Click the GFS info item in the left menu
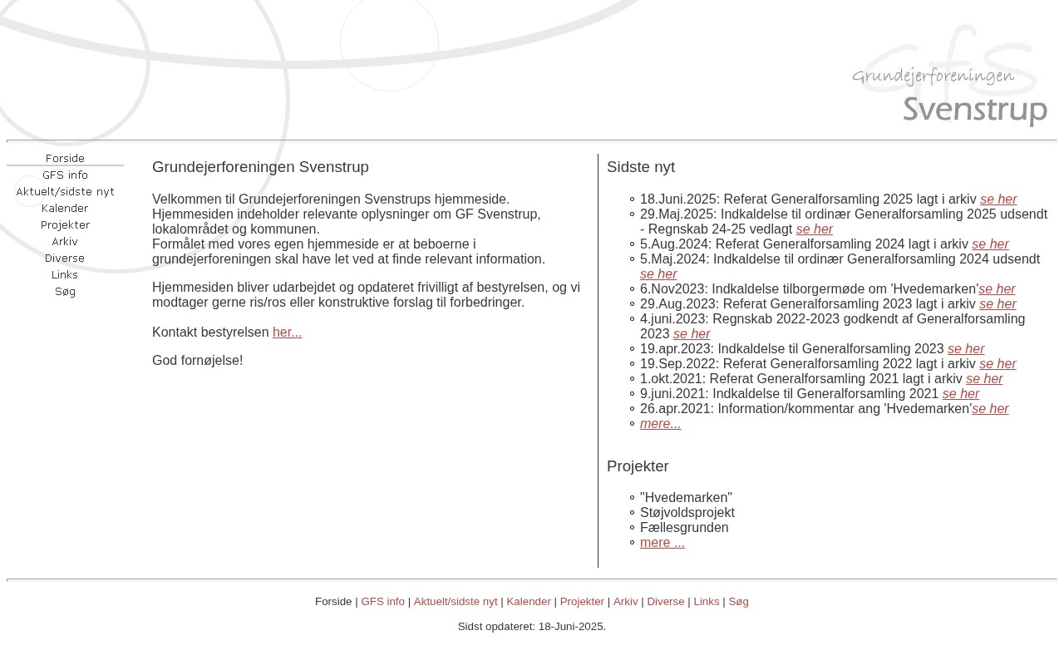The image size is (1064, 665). pyautogui.click(x=65, y=175)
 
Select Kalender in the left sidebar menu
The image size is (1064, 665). pyautogui.click(x=65, y=209)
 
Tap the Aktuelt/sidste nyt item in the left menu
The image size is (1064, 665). pyautogui.click(x=65, y=192)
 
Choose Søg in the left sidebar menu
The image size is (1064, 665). pyautogui.click(x=65, y=292)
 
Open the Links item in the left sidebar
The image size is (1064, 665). pyautogui.click(x=65, y=275)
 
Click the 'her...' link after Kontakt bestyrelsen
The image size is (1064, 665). pyautogui.click(x=287, y=332)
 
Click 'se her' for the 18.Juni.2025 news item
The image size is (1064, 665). pyautogui.click(x=998, y=199)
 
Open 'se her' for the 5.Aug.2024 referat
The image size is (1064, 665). pyautogui.click(x=990, y=244)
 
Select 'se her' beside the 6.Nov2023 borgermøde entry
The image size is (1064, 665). pyautogui.click(x=997, y=289)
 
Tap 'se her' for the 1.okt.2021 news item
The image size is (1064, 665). pyautogui.click(x=984, y=379)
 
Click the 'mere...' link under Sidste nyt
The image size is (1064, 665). pyautogui.click(x=660, y=424)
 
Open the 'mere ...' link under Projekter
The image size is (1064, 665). pyautogui.click(x=662, y=543)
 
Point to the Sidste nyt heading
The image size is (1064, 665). pyautogui.click(x=640, y=167)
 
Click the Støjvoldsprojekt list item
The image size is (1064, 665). pyautogui.click(x=687, y=513)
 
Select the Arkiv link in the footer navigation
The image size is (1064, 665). pyautogui.click(x=625, y=602)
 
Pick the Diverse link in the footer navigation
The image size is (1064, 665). pyautogui.click(x=665, y=602)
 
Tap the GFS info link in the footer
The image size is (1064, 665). pyautogui.click(x=382, y=602)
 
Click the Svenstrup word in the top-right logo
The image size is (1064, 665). pyautogui.click(x=974, y=111)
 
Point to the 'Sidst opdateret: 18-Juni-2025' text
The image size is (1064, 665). pyautogui.click(x=531, y=627)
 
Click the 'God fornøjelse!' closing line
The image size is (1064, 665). pyautogui.click(x=197, y=361)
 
